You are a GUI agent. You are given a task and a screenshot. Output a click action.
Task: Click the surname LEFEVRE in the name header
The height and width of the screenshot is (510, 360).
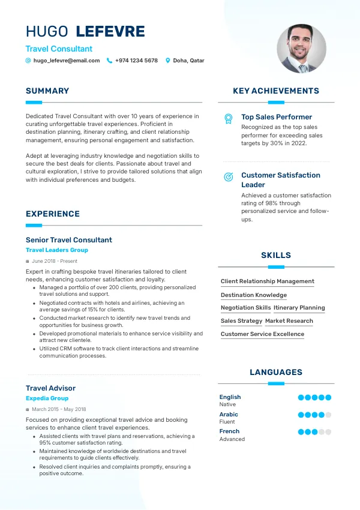[111, 31]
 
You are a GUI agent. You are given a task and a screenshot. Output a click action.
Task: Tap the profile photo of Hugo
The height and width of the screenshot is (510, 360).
[301, 49]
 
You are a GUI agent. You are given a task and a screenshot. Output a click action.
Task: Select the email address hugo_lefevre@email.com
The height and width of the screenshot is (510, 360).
[67, 61]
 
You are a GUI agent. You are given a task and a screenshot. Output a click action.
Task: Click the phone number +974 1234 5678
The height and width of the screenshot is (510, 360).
[136, 61]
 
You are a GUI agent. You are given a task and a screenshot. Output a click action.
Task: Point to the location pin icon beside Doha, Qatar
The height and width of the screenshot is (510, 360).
[168, 61]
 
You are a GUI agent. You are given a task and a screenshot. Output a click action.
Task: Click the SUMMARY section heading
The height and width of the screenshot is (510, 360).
[47, 91]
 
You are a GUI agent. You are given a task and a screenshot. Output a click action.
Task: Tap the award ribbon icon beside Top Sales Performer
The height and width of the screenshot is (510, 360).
[229, 118]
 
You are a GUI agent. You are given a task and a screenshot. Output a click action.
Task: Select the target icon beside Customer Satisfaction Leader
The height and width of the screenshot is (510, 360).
[229, 177]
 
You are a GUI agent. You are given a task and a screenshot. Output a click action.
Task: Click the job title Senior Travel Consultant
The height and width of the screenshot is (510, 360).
[69, 240]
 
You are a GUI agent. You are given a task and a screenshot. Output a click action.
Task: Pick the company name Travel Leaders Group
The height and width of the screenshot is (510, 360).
[57, 250]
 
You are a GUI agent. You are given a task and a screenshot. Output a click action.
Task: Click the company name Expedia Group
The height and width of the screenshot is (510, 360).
[47, 398]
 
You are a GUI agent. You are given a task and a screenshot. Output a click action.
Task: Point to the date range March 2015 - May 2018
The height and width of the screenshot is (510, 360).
[58, 409]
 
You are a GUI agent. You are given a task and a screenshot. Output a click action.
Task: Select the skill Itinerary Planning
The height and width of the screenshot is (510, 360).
[299, 308]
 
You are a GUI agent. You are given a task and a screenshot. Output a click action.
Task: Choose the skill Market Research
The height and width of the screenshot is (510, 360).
[289, 321]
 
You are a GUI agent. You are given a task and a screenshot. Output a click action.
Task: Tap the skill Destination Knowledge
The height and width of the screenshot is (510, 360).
[254, 295]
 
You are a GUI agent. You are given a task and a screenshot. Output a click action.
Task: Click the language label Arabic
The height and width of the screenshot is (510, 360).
[229, 415]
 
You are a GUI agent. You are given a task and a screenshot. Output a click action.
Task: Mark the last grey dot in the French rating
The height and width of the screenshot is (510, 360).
[328, 431]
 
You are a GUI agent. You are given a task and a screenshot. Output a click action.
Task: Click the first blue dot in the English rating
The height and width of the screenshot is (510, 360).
[301, 397]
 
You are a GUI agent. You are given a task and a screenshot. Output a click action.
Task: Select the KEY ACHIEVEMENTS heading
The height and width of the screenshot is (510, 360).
[276, 91]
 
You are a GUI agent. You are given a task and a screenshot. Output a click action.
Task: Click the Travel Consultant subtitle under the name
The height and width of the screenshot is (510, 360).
[59, 49]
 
